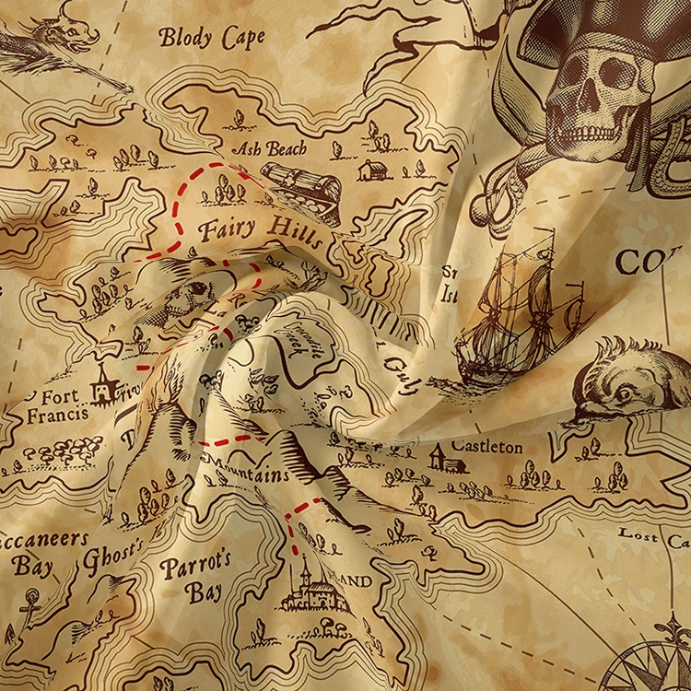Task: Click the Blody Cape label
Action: click(212, 38)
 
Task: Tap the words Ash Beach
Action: click(269, 147)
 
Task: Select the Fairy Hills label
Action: click(261, 229)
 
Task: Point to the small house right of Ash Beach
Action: click(372, 170)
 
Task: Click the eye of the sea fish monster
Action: click(626, 392)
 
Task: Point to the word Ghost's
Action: click(114, 558)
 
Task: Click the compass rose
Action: click(658, 658)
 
